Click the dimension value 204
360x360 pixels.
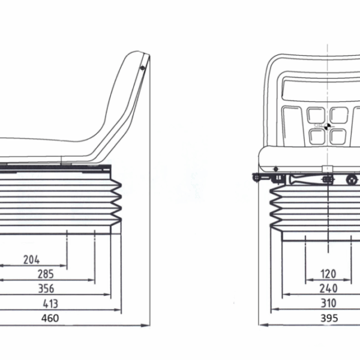point(31,260)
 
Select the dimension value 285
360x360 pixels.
point(46,274)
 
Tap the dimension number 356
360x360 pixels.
point(46,289)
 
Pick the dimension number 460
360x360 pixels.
point(50,318)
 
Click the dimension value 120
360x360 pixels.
point(328,274)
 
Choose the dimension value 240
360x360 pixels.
point(328,289)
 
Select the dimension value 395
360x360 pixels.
point(329,318)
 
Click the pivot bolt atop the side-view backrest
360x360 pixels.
point(142,68)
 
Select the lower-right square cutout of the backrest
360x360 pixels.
point(339,136)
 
